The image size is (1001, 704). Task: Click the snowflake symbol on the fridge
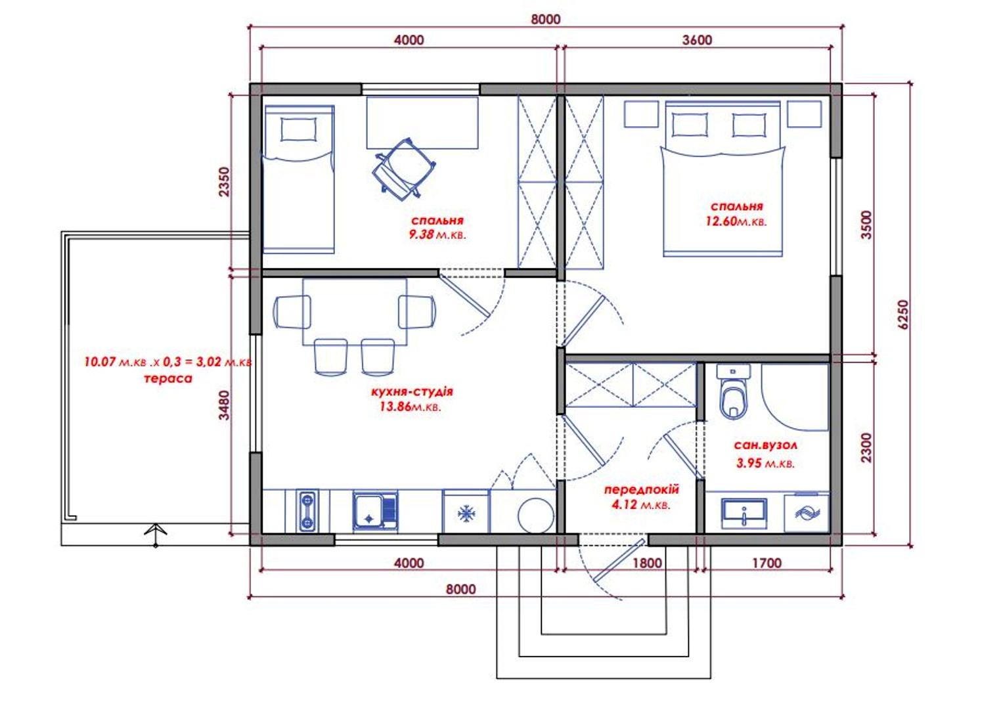[466, 514]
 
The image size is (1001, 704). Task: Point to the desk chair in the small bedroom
[403, 168]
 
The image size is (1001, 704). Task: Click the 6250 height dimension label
[903, 314]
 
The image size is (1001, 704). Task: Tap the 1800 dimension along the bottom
[647, 563]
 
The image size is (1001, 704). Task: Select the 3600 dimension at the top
[697, 40]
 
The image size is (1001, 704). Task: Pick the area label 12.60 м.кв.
[736, 221]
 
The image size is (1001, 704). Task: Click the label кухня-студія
[412, 392]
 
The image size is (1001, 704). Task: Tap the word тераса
[168, 379]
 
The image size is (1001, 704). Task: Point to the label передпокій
[642, 490]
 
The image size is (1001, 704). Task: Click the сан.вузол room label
[765, 445]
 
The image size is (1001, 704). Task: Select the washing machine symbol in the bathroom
[807, 512]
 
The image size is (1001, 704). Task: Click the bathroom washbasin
[744, 514]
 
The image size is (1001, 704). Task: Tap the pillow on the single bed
[298, 129]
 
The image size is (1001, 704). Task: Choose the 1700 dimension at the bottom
[767, 563]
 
